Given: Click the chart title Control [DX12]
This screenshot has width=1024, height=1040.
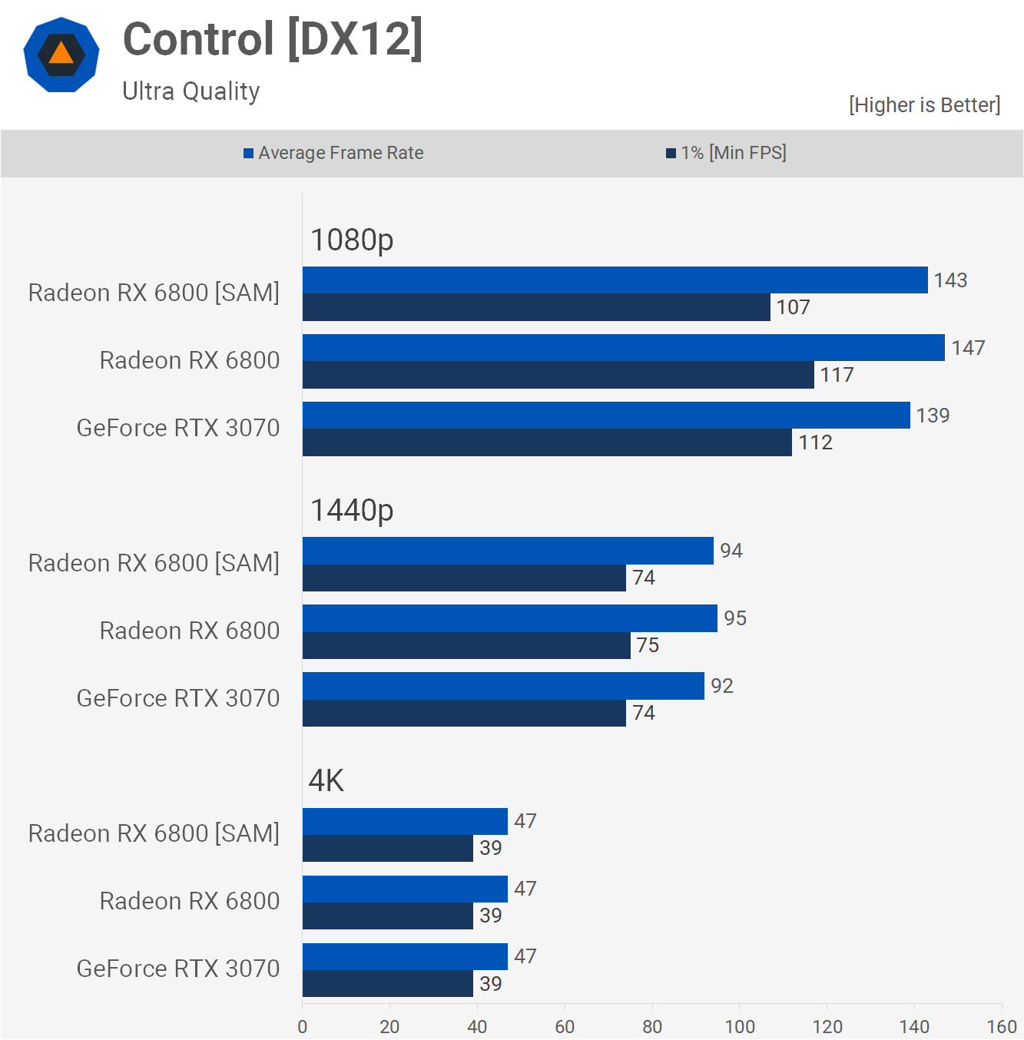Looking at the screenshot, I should click(x=273, y=39).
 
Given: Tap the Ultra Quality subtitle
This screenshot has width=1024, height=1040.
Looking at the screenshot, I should click(x=191, y=91).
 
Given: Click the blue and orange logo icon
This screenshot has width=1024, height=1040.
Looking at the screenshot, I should click(x=61, y=55).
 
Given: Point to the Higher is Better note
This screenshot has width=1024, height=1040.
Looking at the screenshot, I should click(x=924, y=105).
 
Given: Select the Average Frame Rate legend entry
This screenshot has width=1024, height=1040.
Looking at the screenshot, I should click(x=333, y=153).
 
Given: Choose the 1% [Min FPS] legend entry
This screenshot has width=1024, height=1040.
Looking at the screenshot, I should click(x=726, y=153).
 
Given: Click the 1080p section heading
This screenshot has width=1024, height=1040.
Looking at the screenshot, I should click(x=352, y=240).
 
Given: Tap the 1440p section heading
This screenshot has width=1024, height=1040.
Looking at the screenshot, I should click(x=352, y=510).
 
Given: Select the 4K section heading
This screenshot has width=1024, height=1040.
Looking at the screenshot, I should click(x=326, y=780).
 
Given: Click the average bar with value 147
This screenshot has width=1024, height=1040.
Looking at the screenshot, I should click(x=623, y=348).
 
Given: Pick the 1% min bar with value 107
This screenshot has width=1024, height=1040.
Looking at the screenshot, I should click(x=536, y=307).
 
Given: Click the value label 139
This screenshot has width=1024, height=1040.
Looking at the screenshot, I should click(x=933, y=416).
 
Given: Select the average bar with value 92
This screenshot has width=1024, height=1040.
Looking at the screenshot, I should click(x=503, y=686).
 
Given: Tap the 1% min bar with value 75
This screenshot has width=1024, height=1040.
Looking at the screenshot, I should click(x=466, y=645).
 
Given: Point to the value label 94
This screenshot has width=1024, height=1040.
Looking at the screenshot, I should click(x=731, y=551).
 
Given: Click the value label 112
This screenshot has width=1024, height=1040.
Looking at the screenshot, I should click(x=815, y=442).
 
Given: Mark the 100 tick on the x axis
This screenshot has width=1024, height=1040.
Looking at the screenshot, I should click(x=740, y=1026).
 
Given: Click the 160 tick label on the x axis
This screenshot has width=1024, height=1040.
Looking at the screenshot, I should click(x=1002, y=1026).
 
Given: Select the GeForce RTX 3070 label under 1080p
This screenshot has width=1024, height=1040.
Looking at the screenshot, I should click(x=178, y=428).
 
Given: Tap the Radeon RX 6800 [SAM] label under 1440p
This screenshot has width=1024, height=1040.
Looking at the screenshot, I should click(x=154, y=563).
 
